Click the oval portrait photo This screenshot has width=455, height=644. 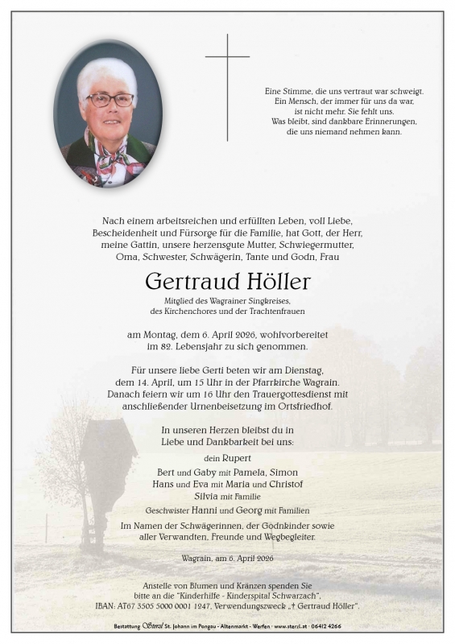coord(108,114)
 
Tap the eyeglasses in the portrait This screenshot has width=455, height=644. coord(110,100)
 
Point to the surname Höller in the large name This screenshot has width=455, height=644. coord(272,282)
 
